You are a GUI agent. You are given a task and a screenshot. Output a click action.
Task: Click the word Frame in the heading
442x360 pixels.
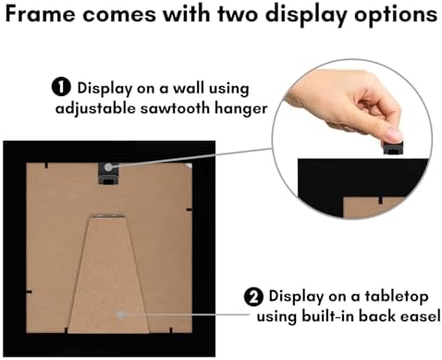pos(41,14)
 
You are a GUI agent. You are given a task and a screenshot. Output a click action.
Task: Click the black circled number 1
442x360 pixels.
pos(61,87)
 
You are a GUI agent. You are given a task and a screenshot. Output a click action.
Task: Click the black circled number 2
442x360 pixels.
pos(253,297)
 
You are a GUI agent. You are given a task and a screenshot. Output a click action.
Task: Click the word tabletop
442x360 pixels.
pos(397,297)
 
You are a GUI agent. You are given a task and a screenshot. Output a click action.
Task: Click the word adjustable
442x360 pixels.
pos(95,109)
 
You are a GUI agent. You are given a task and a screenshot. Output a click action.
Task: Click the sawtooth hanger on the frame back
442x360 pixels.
pos(108,173)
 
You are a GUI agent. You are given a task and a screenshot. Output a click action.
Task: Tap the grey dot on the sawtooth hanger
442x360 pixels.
pos(108,167)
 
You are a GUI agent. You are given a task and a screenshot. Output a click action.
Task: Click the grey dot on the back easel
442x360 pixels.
pos(120,315)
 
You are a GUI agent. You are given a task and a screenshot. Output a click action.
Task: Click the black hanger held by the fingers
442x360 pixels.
pos(393,147)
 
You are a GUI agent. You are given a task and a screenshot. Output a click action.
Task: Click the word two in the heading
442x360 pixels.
pos(239,14)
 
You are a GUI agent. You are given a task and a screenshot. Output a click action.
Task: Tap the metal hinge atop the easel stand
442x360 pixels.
pos(107,216)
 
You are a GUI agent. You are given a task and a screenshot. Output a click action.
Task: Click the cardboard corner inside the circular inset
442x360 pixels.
pos(371,207)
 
